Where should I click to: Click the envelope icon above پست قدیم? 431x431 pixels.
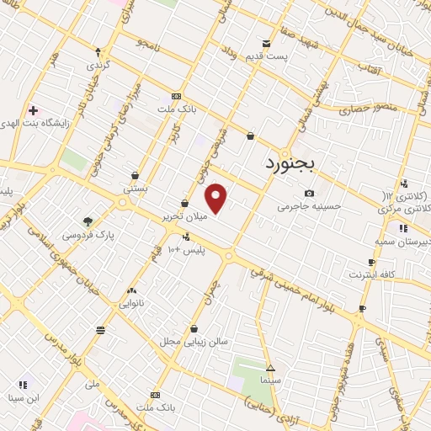click(x=267, y=44)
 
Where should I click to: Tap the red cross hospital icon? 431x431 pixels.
click(x=33, y=110)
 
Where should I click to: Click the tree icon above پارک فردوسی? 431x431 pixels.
click(x=88, y=222)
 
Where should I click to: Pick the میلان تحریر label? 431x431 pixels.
click(x=186, y=217)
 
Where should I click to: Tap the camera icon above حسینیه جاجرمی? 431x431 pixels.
click(x=309, y=193)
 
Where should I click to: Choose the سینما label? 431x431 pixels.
click(x=270, y=381)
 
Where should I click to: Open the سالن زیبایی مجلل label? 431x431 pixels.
click(x=194, y=342)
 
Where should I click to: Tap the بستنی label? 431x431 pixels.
click(x=136, y=189)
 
